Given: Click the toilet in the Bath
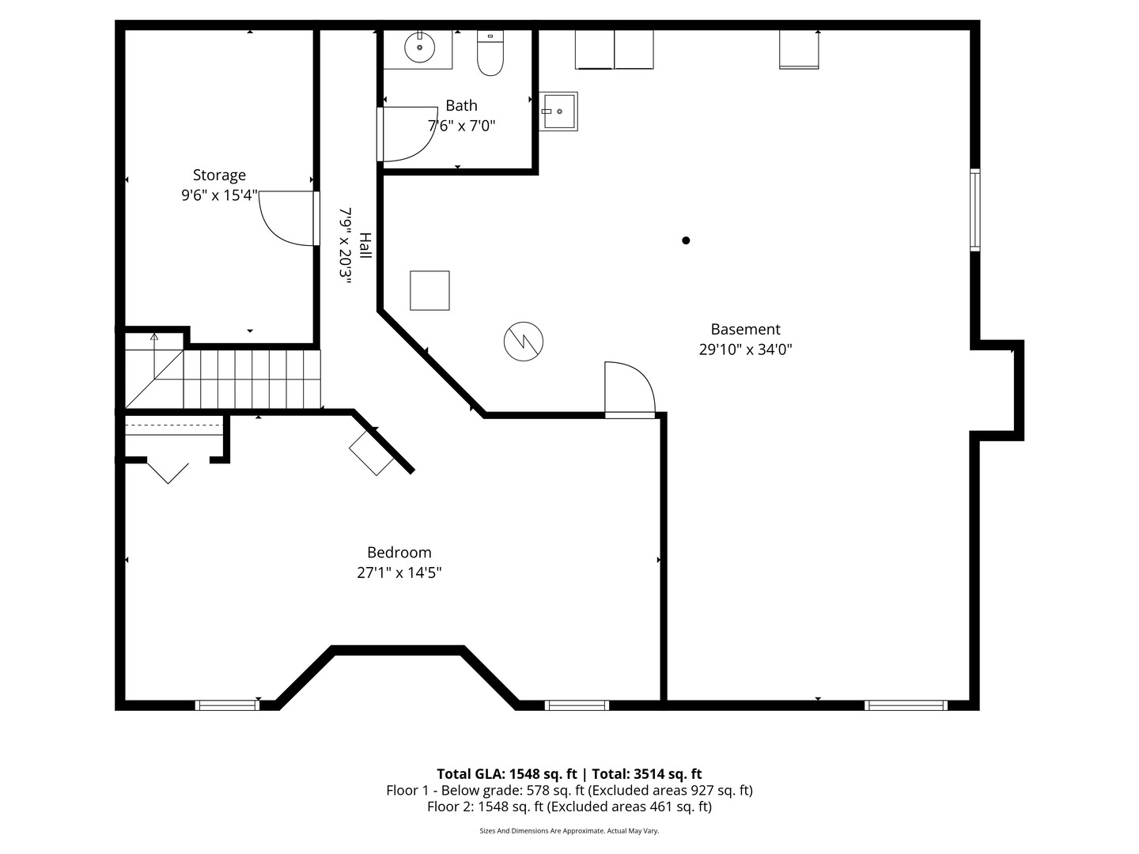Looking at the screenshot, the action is (x=490, y=53).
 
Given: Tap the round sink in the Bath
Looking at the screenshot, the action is (x=419, y=47).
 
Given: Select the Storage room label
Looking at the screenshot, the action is (x=219, y=175).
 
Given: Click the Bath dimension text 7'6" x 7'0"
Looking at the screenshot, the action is (x=461, y=126).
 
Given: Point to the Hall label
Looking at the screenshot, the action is (x=366, y=246).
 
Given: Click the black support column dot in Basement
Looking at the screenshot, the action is (x=686, y=240).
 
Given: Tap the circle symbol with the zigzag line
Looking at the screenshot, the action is (x=523, y=341).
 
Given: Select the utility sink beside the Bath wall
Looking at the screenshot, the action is (x=558, y=111).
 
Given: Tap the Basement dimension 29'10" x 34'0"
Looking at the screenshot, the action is (x=745, y=350).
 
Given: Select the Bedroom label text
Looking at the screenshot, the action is (x=399, y=552).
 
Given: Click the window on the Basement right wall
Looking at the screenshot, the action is (x=975, y=210).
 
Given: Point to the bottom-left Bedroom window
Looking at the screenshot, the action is (x=227, y=705).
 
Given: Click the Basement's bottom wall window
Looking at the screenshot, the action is (x=906, y=705).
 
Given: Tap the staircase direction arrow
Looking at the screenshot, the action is (x=154, y=357).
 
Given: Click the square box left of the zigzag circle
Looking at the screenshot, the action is (x=429, y=290).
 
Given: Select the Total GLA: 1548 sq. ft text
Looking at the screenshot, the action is (x=506, y=773).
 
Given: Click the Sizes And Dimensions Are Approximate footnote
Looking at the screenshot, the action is (x=569, y=830).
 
